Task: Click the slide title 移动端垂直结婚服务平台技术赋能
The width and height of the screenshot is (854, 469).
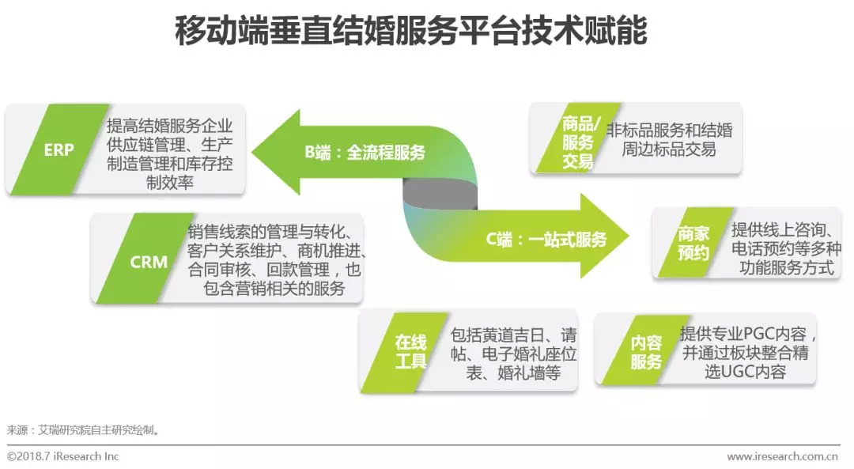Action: [410, 32]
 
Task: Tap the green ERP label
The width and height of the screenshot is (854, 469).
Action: [59, 149]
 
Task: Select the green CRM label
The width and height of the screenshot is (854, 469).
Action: [149, 261]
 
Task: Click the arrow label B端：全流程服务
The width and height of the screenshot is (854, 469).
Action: [365, 153]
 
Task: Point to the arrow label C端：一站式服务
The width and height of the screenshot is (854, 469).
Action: [546, 238]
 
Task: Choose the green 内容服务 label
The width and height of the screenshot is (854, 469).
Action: [646, 352]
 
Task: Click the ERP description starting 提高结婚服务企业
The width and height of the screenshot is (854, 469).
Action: [176, 153]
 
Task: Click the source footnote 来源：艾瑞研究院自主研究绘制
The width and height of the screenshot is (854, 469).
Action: [84, 430]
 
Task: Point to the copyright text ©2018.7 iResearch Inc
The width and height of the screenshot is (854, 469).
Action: [63, 456]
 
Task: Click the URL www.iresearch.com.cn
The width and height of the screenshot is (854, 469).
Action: [783, 456]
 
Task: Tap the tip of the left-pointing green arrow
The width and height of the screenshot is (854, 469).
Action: [255, 153]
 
